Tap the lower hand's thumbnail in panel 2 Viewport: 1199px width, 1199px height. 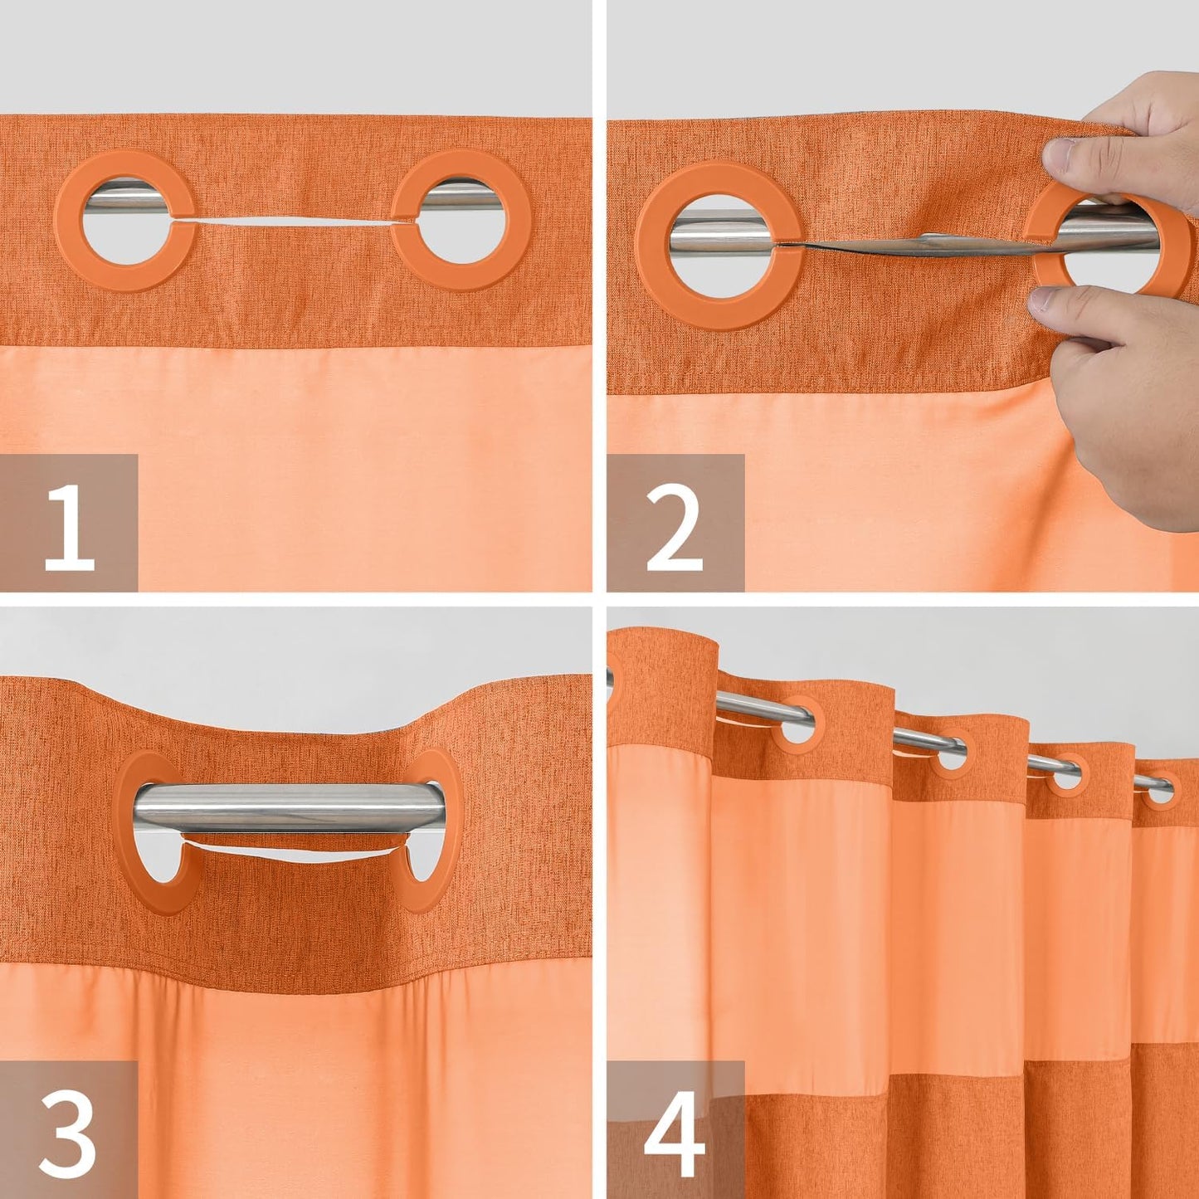coord(1048,299)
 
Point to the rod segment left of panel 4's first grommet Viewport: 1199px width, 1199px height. coord(747,705)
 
